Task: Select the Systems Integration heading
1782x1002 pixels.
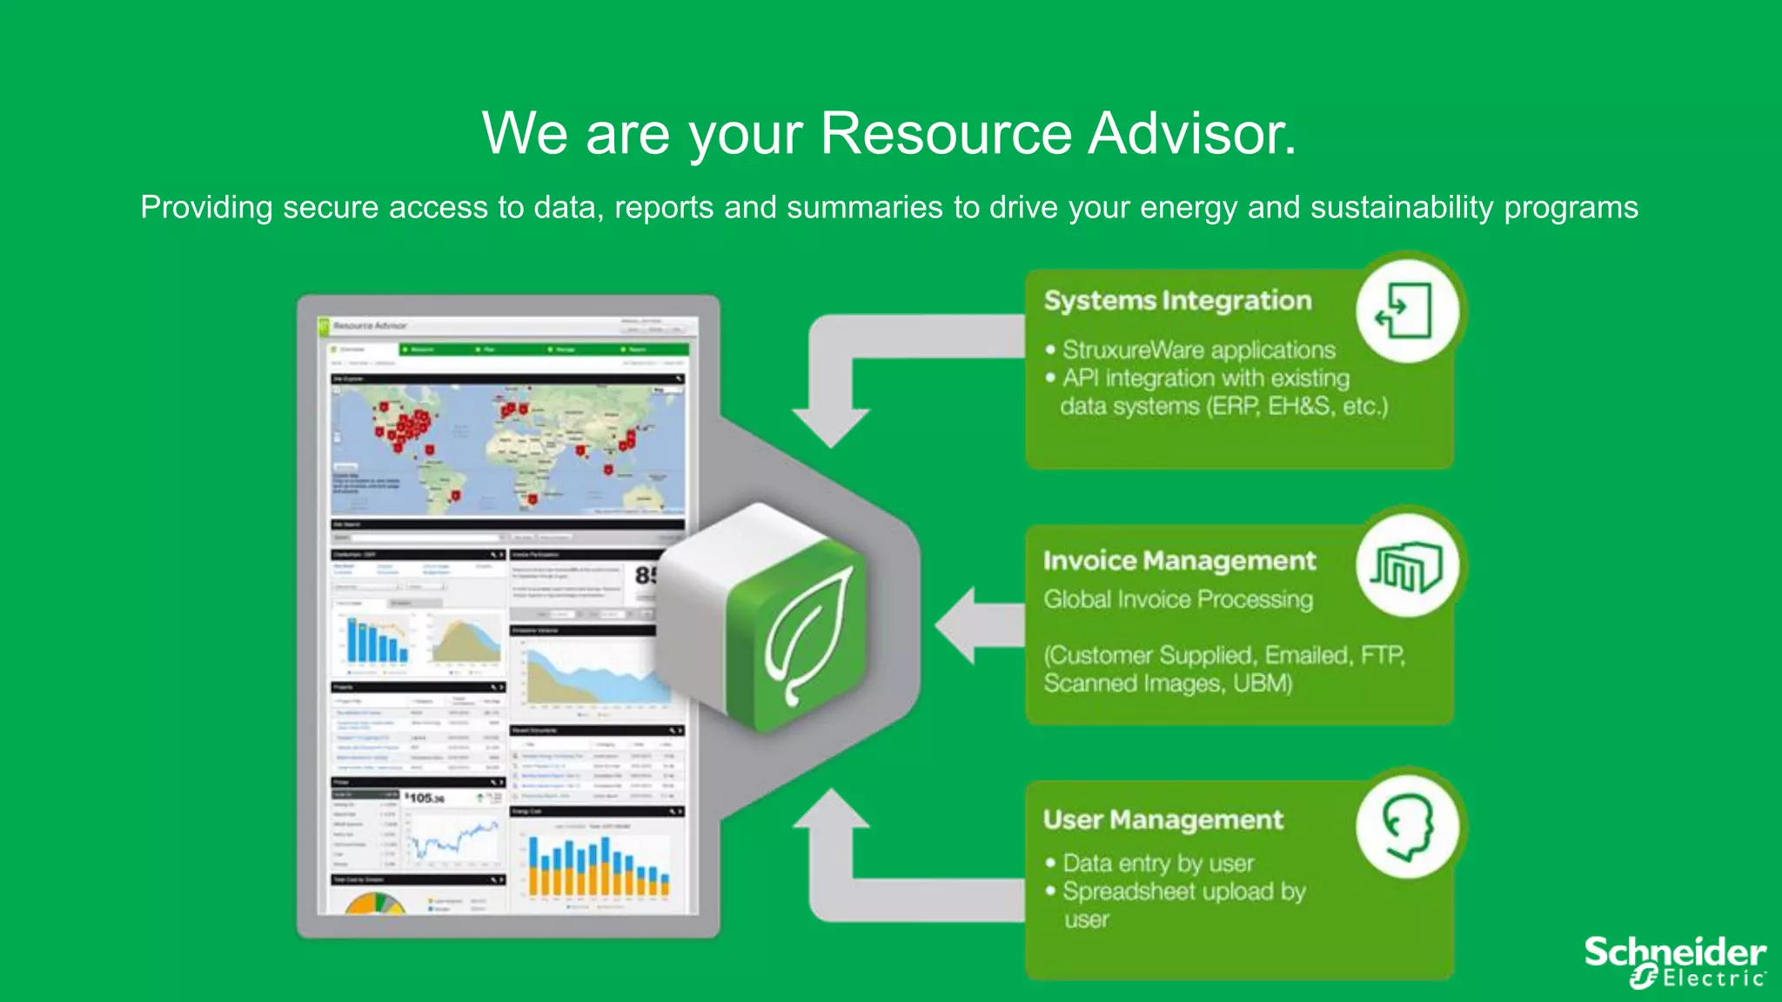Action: coord(1177,301)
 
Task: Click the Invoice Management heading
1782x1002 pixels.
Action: coord(1179,561)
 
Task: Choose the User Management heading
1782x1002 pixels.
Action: coord(1162,820)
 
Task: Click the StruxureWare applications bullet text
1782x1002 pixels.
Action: coord(1198,351)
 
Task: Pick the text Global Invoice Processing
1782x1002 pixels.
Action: coord(1178,600)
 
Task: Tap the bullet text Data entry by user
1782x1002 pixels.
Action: coord(1158,864)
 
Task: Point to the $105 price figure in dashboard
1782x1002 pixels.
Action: coord(425,798)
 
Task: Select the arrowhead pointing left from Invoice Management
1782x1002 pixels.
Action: coord(957,625)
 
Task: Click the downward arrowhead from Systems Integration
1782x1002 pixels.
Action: coord(831,426)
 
